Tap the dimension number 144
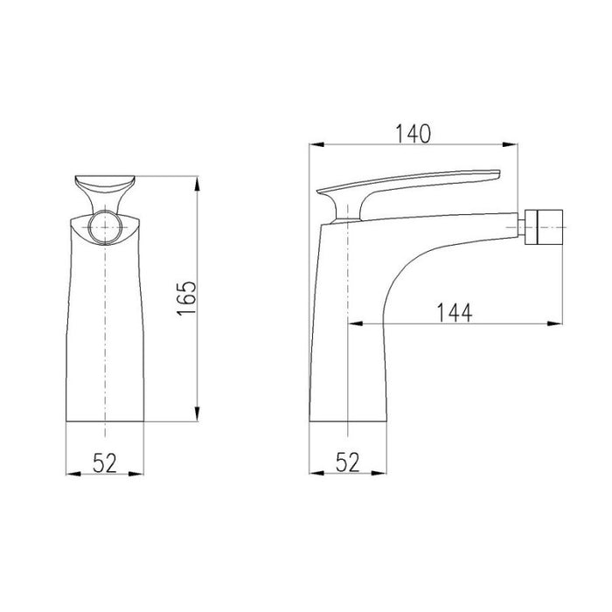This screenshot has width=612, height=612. coord(454,312)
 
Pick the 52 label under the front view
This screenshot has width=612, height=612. coord(104,463)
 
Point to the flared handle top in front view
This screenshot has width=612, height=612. coord(104,187)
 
